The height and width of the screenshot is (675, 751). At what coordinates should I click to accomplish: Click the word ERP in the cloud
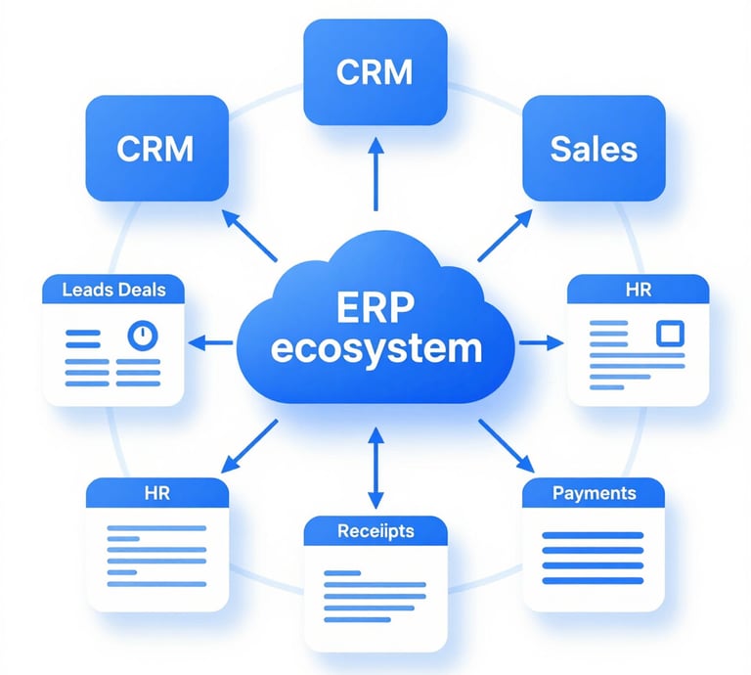click(x=375, y=307)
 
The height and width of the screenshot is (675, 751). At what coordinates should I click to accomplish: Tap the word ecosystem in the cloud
click(x=375, y=349)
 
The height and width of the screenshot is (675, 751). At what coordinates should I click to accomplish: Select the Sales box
click(x=594, y=148)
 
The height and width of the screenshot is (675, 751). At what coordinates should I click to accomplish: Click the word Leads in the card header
click(x=88, y=290)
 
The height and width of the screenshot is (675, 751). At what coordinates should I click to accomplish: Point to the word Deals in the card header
click(x=141, y=290)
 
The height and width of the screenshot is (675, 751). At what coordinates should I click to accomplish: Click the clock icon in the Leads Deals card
click(x=143, y=336)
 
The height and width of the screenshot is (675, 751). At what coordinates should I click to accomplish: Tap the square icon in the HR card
click(x=670, y=333)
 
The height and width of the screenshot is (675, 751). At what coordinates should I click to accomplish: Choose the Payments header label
click(x=594, y=493)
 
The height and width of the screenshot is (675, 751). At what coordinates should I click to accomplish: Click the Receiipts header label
click(x=375, y=531)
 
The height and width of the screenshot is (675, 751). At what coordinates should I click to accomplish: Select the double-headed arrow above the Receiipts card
click(x=375, y=468)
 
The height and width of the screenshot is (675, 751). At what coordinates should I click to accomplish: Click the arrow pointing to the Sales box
click(x=505, y=235)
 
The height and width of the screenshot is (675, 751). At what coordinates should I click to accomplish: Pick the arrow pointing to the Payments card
click(x=507, y=446)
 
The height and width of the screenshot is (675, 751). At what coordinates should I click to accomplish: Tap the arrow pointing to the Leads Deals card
click(x=210, y=342)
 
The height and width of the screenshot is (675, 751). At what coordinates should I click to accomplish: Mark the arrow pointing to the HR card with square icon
click(x=541, y=342)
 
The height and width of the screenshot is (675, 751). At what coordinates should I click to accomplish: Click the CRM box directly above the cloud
click(x=375, y=71)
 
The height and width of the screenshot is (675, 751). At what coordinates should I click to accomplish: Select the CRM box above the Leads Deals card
click(x=157, y=148)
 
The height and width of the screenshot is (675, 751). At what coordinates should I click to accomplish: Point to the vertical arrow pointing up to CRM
click(x=375, y=174)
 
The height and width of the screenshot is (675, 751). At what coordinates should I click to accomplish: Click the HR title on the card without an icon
click(x=157, y=493)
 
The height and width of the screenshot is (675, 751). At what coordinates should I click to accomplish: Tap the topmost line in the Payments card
click(x=593, y=535)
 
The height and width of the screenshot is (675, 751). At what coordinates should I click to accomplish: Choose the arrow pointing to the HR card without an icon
click(x=249, y=446)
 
